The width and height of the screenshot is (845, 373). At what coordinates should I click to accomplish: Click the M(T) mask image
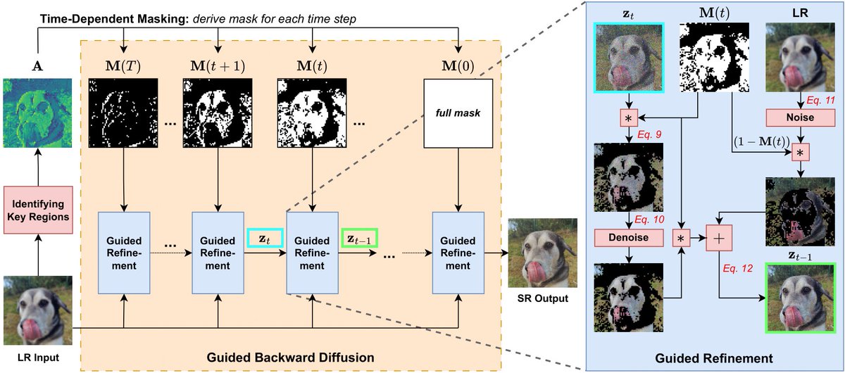pyautogui.click(x=123, y=114)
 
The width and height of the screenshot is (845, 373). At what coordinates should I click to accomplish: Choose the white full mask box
pyautogui.click(x=458, y=114)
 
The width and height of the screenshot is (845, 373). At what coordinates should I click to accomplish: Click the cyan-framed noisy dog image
pyautogui.click(x=627, y=58)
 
